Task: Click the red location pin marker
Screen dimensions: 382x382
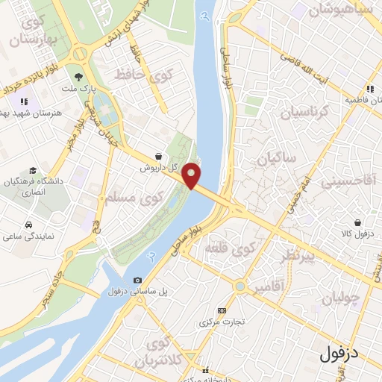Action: point(192,175)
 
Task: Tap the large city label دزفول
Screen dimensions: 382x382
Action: point(349,354)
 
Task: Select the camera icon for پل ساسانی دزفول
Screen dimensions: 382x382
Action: point(137,280)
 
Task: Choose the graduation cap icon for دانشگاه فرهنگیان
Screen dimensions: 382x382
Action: point(31,170)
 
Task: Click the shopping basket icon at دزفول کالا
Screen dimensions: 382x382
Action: point(358,222)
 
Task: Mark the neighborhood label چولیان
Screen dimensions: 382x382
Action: point(341,297)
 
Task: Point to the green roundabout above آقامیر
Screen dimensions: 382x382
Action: point(240,286)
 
